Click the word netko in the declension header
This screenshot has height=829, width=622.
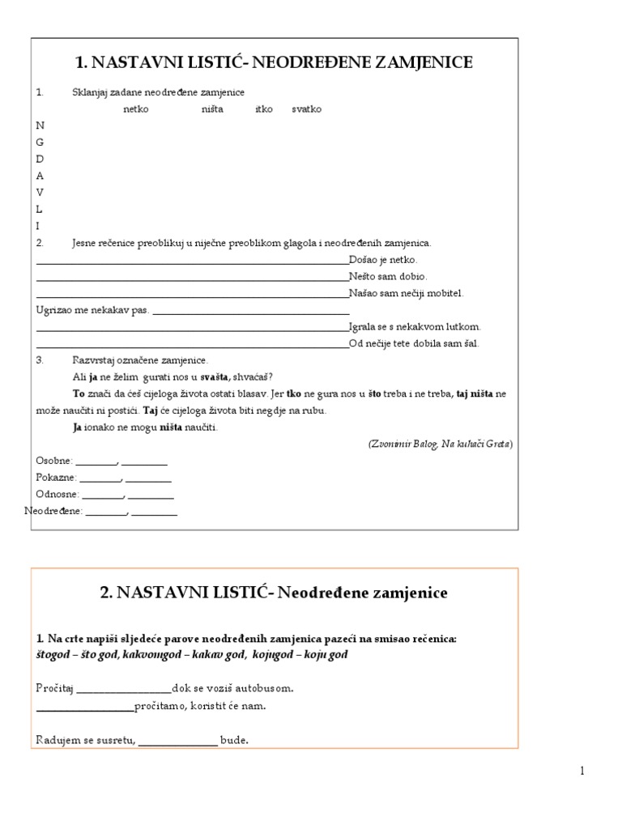(x=136, y=108)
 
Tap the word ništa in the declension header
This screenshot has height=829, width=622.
(x=212, y=108)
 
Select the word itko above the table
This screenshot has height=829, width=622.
(x=264, y=108)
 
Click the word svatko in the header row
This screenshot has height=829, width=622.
(x=307, y=108)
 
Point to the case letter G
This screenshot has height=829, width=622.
(x=40, y=142)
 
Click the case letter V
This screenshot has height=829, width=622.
(x=40, y=192)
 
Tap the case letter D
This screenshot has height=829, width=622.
(x=40, y=159)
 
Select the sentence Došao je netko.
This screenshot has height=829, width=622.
(x=383, y=260)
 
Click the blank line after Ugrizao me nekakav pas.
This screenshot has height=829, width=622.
(x=251, y=312)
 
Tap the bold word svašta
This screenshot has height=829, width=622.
(x=215, y=376)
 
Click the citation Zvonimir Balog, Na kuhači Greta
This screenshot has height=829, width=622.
(x=440, y=444)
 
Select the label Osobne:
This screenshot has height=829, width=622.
(x=54, y=461)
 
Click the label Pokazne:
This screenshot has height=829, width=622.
(x=56, y=478)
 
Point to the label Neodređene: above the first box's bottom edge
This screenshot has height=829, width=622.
(x=53, y=511)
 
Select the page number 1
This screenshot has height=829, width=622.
(x=582, y=771)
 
